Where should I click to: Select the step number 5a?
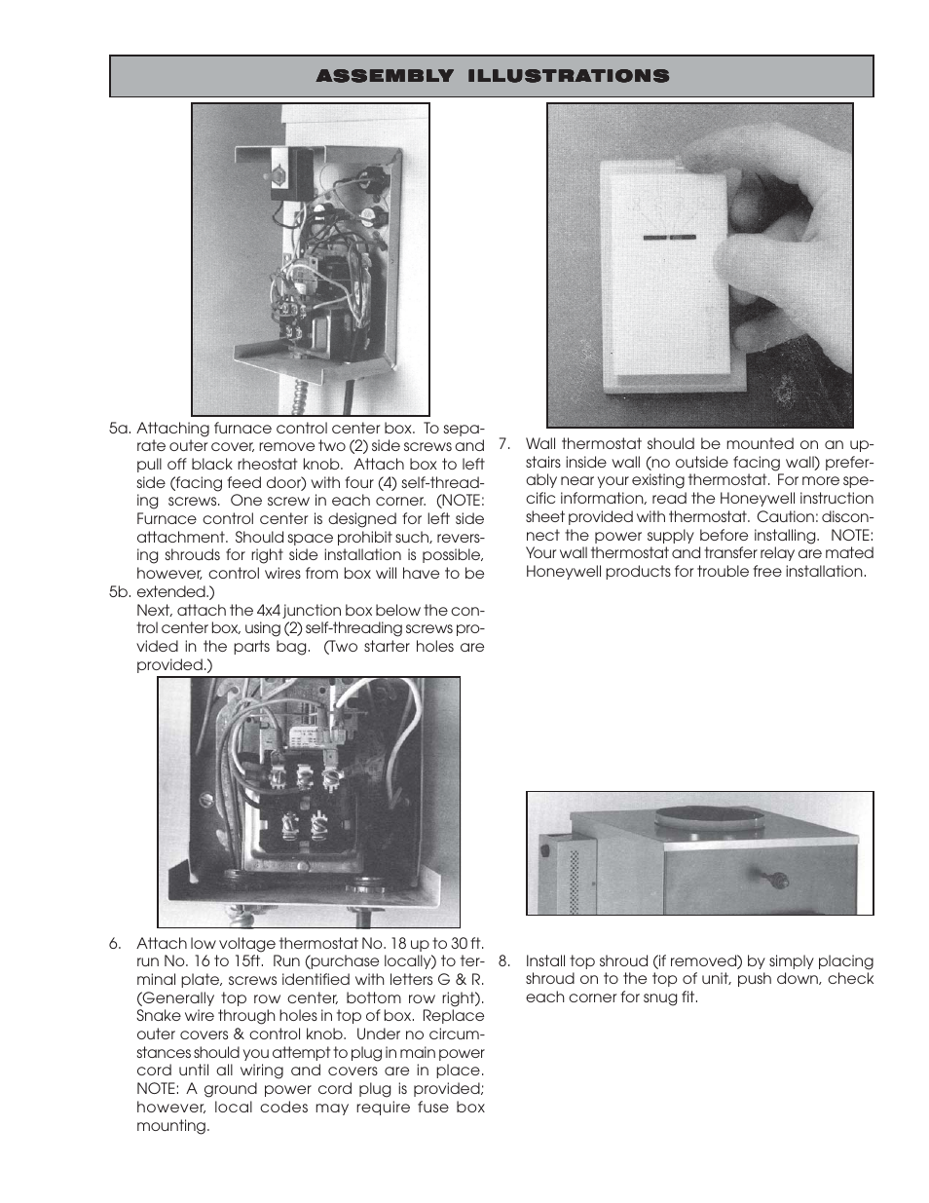[120, 428]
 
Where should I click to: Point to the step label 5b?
[120, 591]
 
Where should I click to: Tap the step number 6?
[115, 943]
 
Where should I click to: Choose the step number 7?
[504, 444]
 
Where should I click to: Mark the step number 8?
[504, 960]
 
